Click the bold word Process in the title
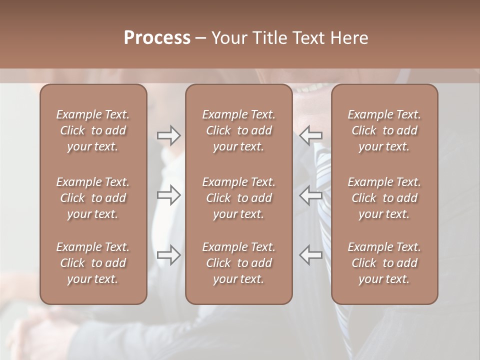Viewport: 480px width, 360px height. pyautogui.click(x=157, y=38)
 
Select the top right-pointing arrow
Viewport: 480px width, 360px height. pyautogui.click(x=168, y=135)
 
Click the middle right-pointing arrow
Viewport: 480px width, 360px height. pyautogui.click(x=168, y=195)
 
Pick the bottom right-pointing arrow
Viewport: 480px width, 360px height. pyautogui.click(x=168, y=255)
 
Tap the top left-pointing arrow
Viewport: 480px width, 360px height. pyautogui.click(x=311, y=135)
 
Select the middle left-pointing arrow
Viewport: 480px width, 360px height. pyautogui.click(x=311, y=195)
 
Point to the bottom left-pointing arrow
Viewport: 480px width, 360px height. pyautogui.click(x=311, y=255)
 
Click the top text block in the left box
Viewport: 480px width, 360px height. pyautogui.click(x=93, y=130)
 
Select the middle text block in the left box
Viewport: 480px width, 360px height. pyautogui.click(x=93, y=198)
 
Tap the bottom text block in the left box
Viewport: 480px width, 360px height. pyautogui.click(x=93, y=263)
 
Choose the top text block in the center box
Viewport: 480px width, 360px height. pyautogui.click(x=238, y=130)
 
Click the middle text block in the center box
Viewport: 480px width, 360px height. pyautogui.click(x=238, y=198)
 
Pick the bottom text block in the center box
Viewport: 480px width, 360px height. pyautogui.click(x=238, y=263)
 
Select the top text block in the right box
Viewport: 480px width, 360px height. pyautogui.click(x=384, y=130)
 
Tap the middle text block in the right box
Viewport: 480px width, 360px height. pyautogui.click(x=384, y=198)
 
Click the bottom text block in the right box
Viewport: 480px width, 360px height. pyautogui.click(x=384, y=263)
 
